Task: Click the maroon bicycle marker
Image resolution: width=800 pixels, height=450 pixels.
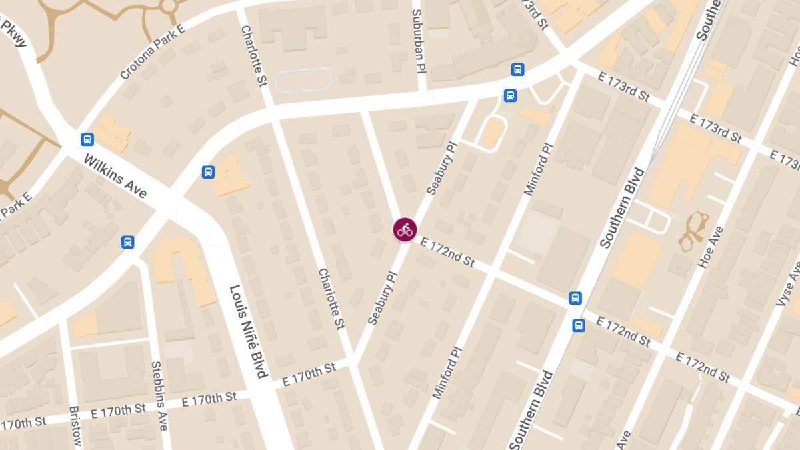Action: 405,230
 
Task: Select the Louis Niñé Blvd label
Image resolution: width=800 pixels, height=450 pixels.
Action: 248,331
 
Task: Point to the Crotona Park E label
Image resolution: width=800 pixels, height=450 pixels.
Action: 153,54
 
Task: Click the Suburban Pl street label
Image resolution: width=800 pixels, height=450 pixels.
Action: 418,41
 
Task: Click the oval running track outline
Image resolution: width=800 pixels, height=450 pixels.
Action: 303,81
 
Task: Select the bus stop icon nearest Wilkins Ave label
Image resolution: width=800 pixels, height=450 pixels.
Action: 87,139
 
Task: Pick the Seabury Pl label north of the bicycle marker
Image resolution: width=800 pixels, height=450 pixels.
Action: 441,168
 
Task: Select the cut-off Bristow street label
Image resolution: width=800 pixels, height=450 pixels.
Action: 75,427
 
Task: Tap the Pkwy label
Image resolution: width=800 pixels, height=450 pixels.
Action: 14,33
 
